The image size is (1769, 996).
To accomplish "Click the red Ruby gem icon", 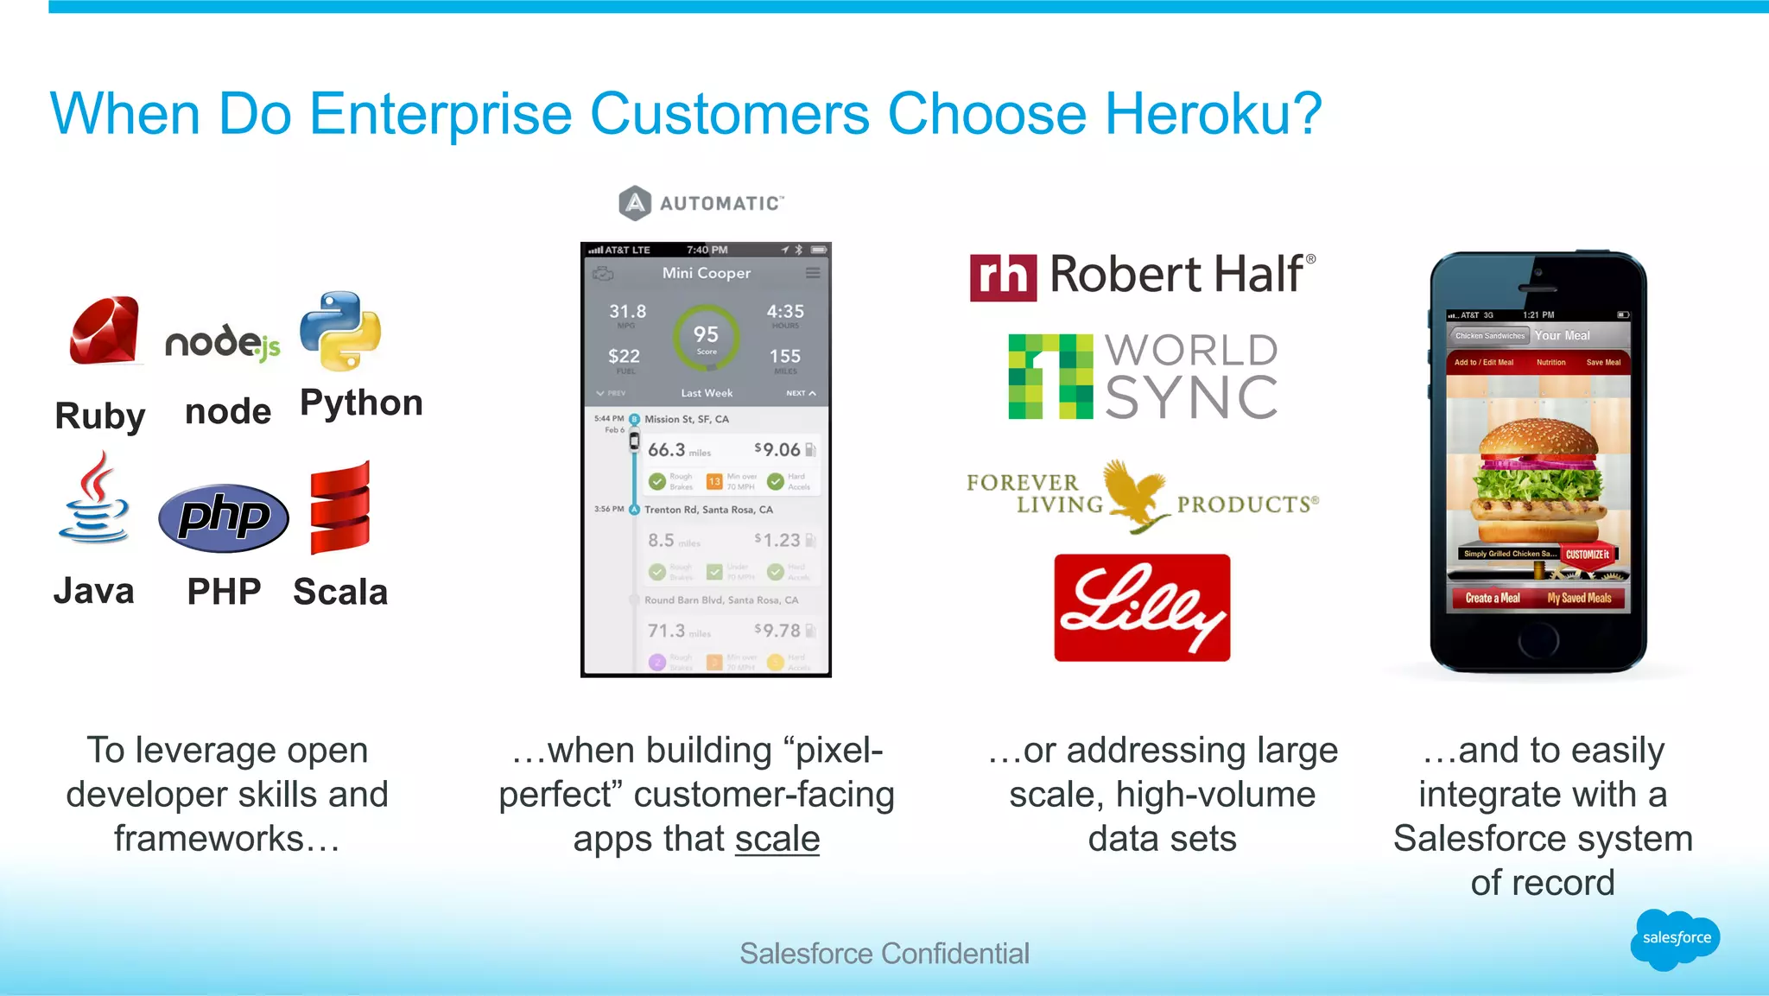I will point(105,331).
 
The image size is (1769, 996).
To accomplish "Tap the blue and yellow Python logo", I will point(340,331).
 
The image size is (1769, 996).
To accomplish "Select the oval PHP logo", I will point(224,517).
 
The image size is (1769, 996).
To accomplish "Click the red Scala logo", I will point(340,509).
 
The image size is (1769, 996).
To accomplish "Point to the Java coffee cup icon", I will point(94,498).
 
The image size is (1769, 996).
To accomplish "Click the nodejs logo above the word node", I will point(223,343).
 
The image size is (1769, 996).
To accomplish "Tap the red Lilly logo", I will point(1142,607).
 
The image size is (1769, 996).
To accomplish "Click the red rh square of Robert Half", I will point(1003,277).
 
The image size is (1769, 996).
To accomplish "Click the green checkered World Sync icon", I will point(1050,377).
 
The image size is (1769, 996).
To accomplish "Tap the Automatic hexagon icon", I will point(635,203).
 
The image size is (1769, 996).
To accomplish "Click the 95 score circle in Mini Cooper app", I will point(706,337).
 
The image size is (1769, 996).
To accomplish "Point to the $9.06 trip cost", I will point(777,449).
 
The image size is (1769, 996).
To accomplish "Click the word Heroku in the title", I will point(1213,113).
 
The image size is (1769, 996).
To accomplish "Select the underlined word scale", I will point(777,839).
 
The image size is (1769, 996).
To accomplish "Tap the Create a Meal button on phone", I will point(1493,598).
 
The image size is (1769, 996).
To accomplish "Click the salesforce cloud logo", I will point(1675,938).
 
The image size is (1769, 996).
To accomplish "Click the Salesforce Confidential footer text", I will point(884,954).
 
